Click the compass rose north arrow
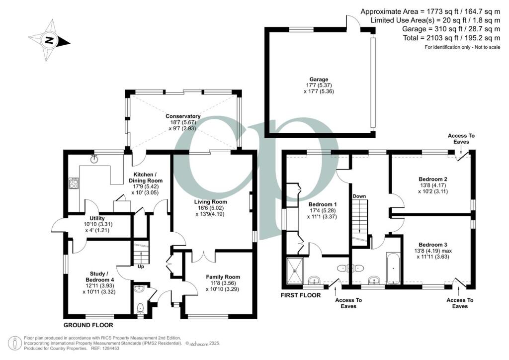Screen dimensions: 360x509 tap(49, 40)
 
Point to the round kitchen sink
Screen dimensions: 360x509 tap(94, 160)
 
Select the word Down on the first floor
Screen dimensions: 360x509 tap(359, 196)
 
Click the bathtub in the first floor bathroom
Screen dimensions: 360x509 tap(393, 268)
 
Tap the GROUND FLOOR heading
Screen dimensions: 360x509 tap(88, 325)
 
